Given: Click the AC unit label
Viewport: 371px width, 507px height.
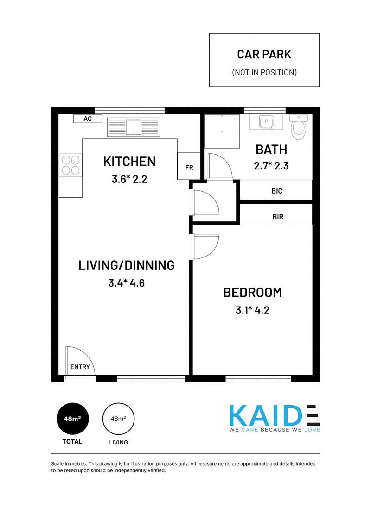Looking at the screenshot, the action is [88, 119].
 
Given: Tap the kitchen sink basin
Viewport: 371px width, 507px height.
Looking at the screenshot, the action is [134, 127].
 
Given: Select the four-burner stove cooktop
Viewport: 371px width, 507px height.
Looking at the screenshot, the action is [70, 165].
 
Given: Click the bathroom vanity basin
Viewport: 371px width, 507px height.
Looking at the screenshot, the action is [266, 122].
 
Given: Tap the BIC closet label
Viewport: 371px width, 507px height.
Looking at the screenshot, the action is [277, 191].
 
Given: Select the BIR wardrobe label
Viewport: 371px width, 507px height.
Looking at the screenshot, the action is [278, 217].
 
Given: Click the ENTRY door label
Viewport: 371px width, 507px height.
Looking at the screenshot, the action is [80, 367].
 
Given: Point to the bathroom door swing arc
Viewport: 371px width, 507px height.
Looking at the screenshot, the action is [227, 161].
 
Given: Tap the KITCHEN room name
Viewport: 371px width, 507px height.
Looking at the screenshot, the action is [129, 161].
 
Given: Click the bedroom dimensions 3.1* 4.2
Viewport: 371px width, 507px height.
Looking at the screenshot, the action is [253, 310].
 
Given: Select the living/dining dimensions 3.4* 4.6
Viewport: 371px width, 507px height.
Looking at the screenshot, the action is [126, 283].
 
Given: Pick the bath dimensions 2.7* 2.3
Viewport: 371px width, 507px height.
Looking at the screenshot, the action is [271, 166].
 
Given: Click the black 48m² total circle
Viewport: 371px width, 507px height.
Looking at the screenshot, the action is [72, 419].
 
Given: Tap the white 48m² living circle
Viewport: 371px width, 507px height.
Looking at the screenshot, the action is [118, 419].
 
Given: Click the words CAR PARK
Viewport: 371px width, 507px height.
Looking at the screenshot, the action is [264, 54].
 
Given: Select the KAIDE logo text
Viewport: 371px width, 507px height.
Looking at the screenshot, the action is [274, 415].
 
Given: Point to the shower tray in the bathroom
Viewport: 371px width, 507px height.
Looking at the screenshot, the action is [222, 131].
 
